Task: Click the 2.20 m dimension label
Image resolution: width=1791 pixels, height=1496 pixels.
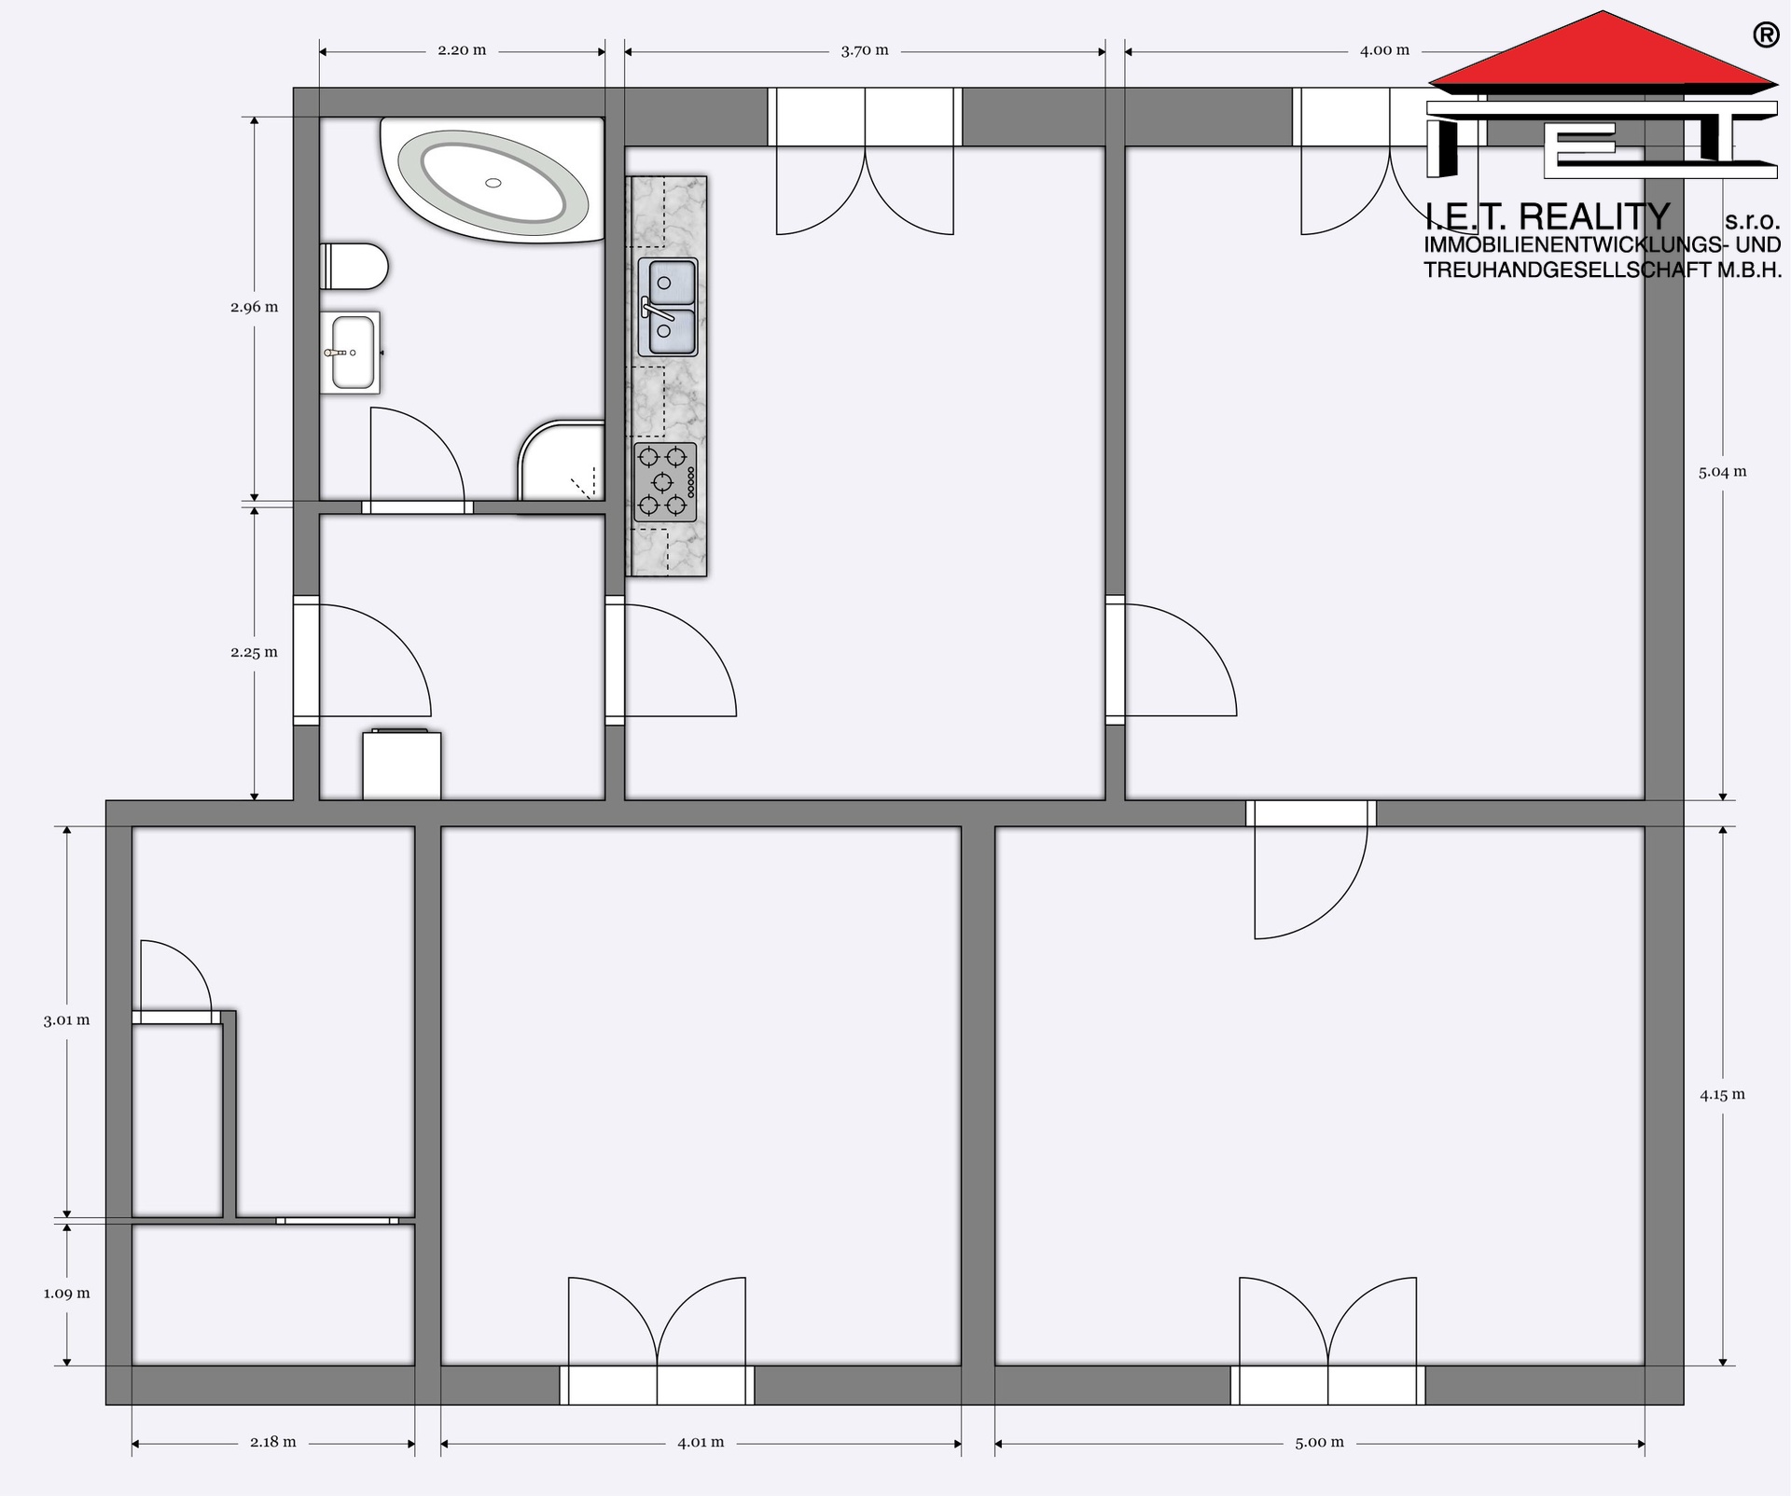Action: pos(462,50)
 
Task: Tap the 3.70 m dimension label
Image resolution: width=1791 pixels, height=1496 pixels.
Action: pos(865,50)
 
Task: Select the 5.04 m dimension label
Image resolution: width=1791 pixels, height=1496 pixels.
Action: pos(1722,472)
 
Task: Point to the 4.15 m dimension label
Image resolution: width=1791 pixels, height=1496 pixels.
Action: pos(1722,1095)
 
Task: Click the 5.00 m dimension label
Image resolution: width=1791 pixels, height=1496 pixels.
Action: pos(1319,1442)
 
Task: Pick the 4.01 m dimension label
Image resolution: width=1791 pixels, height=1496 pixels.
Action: pos(701,1442)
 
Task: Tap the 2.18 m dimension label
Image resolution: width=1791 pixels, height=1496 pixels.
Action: pos(273,1442)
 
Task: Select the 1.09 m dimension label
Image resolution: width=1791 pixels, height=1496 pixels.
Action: pos(67,1294)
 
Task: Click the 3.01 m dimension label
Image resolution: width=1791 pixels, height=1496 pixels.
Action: pos(67,1020)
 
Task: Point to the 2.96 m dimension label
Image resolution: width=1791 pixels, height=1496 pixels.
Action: pos(255,307)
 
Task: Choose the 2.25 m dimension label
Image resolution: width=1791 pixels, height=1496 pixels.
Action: pos(255,653)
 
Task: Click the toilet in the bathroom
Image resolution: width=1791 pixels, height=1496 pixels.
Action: pos(354,267)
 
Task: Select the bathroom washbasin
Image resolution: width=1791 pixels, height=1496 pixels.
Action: pos(351,353)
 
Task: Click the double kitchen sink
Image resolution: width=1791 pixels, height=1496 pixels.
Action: pos(668,308)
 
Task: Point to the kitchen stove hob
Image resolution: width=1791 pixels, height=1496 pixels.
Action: pos(665,482)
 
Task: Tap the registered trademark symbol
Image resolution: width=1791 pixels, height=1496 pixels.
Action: pos(1765,35)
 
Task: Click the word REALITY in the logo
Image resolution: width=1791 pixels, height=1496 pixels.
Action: pos(1594,217)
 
